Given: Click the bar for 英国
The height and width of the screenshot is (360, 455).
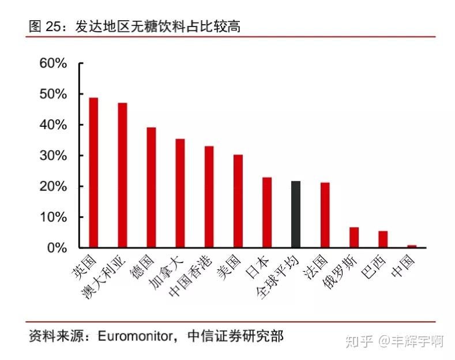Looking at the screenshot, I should pyautogui.click(x=93, y=172).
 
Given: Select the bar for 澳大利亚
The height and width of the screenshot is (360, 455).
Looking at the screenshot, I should pyautogui.click(x=122, y=175).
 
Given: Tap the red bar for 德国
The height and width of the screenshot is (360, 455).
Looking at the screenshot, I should pyautogui.click(x=151, y=187).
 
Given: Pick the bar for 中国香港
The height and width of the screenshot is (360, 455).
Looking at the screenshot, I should pyautogui.click(x=209, y=197).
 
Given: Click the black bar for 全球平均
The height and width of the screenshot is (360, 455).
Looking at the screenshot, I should pyautogui.click(x=296, y=215).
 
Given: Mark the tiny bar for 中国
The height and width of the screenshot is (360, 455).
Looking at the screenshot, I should pyautogui.click(x=412, y=246).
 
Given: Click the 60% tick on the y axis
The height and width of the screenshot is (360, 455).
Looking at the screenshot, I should pyautogui.click(x=53, y=63).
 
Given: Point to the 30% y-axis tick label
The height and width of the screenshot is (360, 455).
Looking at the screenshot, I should pyautogui.click(x=53, y=156).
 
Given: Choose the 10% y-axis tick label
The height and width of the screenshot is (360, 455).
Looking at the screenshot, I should pyautogui.click(x=53, y=217).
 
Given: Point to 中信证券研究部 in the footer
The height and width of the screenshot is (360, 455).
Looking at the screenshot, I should pyautogui.click(x=236, y=336).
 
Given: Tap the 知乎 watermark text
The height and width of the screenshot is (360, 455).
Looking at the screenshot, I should pyautogui.click(x=360, y=340).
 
